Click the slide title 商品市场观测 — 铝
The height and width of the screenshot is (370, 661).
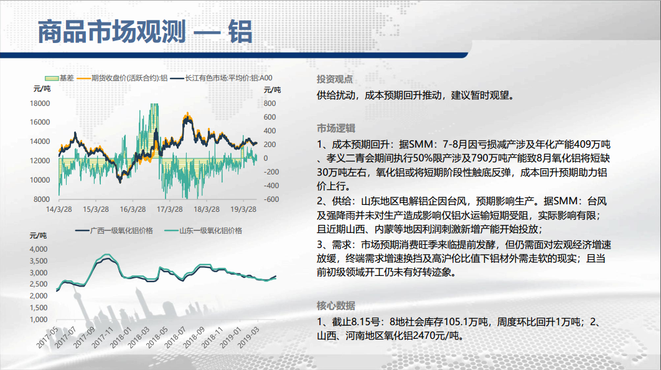[x=145, y=32]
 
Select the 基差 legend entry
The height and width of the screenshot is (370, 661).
[x=59, y=78]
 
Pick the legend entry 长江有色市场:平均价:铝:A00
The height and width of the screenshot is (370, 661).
[x=222, y=78]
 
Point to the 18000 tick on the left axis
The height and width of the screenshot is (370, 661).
[x=40, y=103]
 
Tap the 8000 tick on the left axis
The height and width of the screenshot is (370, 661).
[x=42, y=199]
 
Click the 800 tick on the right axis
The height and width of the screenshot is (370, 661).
[x=270, y=103]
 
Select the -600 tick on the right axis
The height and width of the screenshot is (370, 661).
[x=271, y=199]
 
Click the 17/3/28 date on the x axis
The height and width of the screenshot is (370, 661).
[x=169, y=209]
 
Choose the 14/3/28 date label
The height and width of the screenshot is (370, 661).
[x=59, y=209]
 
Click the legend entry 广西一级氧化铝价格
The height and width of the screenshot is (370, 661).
[x=115, y=230]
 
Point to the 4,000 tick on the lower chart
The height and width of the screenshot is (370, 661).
[x=39, y=249]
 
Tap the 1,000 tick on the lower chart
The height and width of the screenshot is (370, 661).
[x=39, y=320]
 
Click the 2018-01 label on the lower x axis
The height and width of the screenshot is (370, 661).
[x=121, y=338]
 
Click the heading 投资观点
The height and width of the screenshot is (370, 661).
[x=335, y=79]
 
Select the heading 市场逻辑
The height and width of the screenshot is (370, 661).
[x=336, y=128]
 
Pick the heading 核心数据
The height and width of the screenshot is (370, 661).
[x=336, y=305]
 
